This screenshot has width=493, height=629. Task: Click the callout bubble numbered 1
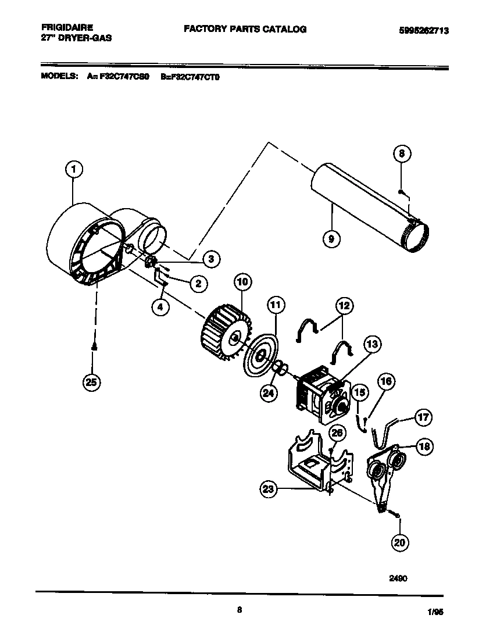(73, 169)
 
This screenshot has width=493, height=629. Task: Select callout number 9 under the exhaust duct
(332, 238)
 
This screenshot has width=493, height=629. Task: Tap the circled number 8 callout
(402, 154)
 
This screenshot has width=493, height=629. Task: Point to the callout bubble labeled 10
(243, 283)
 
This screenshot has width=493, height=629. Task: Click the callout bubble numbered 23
(268, 489)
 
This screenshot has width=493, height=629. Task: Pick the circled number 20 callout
(399, 542)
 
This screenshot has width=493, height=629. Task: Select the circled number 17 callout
(424, 417)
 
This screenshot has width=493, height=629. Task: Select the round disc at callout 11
(260, 356)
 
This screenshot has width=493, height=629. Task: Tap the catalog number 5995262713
(423, 31)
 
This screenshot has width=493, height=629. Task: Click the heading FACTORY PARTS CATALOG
(245, 28)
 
